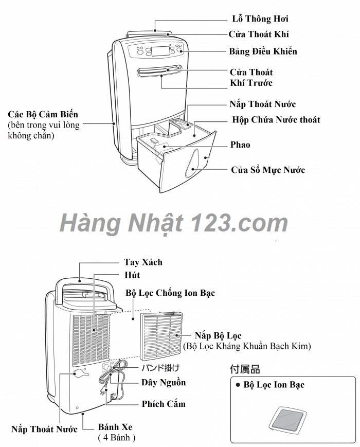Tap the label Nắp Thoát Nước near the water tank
tap(262, 104)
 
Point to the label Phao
tap(240, 145)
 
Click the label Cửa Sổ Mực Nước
tap(267, 170)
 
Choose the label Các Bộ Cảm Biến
tap(43, 114)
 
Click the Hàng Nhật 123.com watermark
tap(174, 223)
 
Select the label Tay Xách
tap(143, 262)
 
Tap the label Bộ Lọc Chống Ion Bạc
tap(170, 293)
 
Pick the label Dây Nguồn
tap(164, 383)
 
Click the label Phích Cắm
tap(164, 404)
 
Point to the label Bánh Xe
tap(116, 427)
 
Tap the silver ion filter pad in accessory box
tap(291, 418)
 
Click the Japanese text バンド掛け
tap(160, 368)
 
